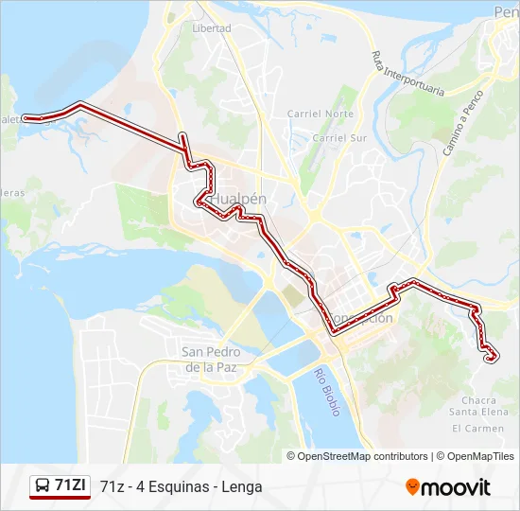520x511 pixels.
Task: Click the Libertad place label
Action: (x=211, y=28)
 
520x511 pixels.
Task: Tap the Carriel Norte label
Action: (x=320, y=114)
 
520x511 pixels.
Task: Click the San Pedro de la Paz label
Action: (x=211, y=359)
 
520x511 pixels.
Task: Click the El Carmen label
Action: (x=477, y=429)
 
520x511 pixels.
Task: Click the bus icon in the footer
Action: (x=43, y=486)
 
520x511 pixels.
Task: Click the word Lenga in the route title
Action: (x=243, y=487)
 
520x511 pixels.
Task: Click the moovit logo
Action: (x=448, y=487)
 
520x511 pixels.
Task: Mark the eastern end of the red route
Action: (x=490, y=358)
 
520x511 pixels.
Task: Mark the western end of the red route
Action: (x=26, y=118)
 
